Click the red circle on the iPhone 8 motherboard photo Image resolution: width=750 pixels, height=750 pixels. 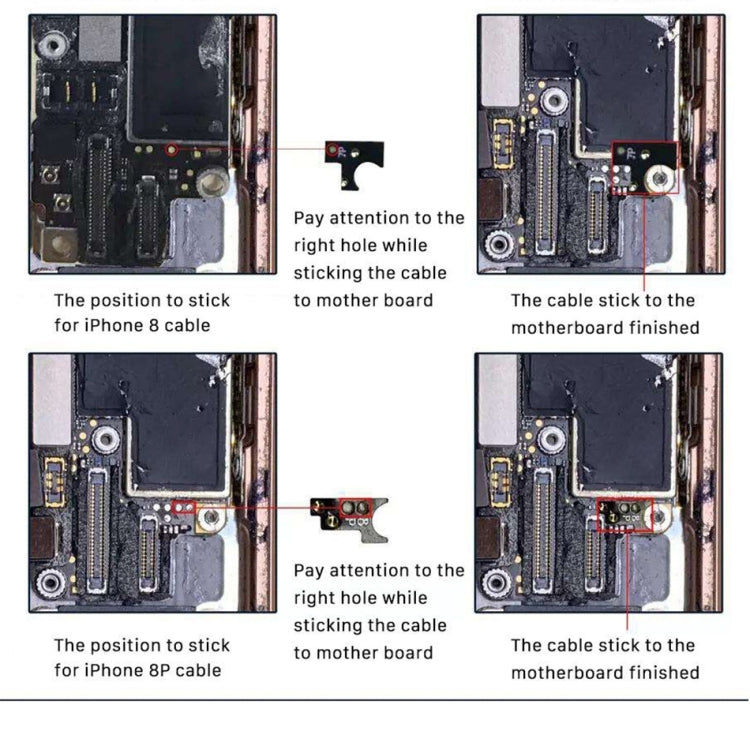tap(171, 149)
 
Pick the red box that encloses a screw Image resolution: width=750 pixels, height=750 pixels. tap(645, 167)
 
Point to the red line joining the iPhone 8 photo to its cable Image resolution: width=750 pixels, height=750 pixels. tap(255, 149)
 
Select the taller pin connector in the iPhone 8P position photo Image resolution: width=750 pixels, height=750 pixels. tap(98, 527)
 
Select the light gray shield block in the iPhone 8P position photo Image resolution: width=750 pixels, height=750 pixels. tap(51, 398)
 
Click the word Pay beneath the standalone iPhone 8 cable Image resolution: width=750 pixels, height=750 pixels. tap(309, 218)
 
